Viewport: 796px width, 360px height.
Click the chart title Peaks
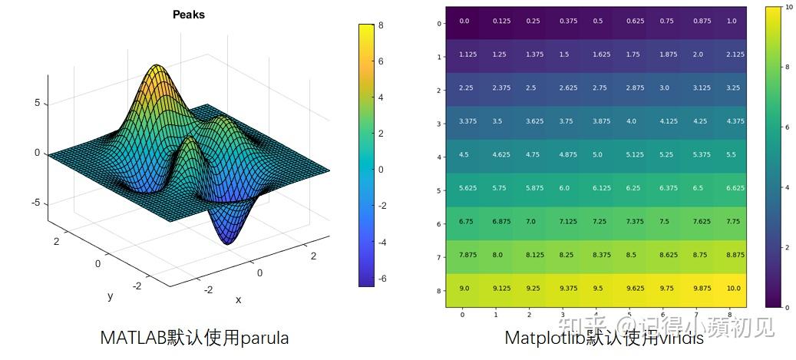tap(188, 15)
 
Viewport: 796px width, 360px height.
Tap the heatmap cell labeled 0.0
tap(464, 22)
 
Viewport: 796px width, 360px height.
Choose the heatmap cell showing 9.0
tap(464, 289)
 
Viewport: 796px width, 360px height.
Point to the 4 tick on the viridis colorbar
tap(786, 187)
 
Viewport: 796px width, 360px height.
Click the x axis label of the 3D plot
tap(238, 300)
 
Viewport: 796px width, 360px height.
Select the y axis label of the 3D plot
tap(110, 296)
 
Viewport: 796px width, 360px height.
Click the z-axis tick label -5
tap(36, 203)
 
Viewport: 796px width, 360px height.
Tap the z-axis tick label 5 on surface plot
tap(38, 103)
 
